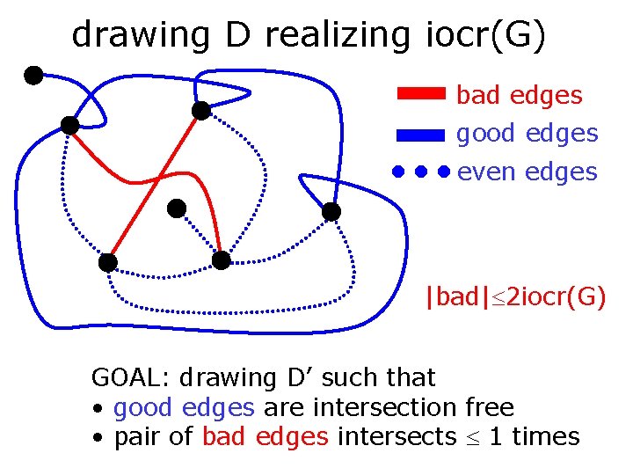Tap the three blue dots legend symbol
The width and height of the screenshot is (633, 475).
pos(421,171)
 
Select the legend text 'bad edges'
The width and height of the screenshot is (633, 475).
pos(519,95)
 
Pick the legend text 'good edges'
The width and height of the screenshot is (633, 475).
pos(527,134)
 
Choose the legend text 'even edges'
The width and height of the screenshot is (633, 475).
pos(527,172)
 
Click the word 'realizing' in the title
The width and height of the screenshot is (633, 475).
pos(337,35)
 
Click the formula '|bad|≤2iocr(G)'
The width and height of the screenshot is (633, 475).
pos(514,297)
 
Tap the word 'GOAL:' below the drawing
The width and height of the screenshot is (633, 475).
pos(132,378)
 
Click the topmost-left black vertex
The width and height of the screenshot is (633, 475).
pos(33,75)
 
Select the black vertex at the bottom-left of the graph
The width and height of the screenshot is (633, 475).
pos(107,262)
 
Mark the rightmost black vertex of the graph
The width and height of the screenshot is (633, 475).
pos(331,211)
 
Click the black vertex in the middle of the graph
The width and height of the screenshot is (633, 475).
pos(177,208)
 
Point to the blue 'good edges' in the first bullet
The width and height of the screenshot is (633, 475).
pos(185,407)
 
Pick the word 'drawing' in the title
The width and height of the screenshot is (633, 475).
pos(140,35)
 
